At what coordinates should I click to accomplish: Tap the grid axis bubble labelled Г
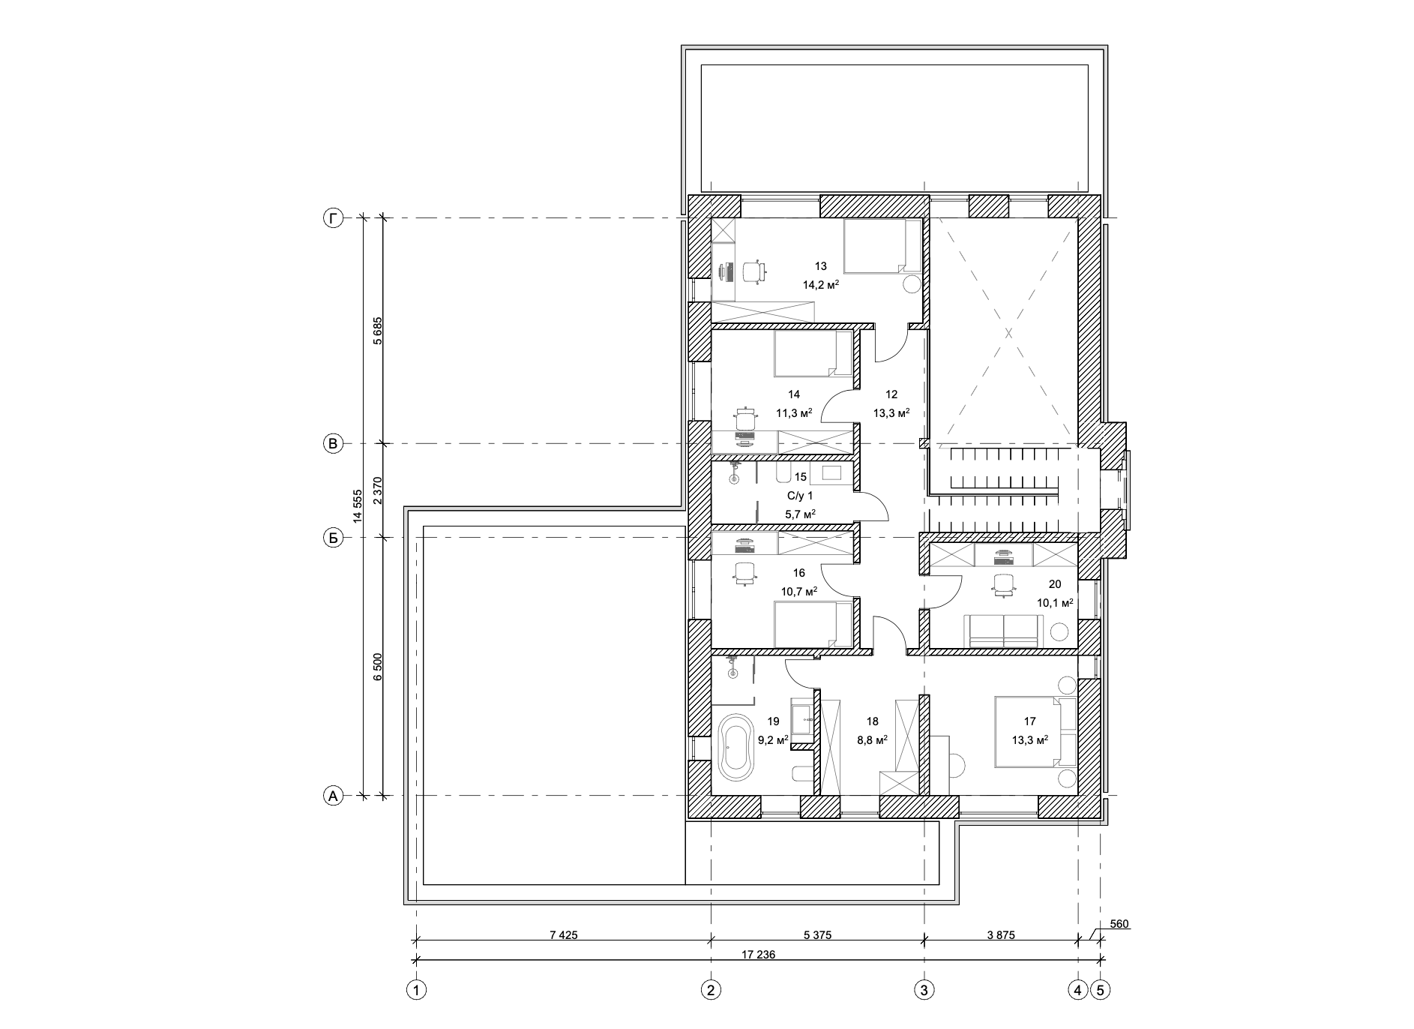[x=333, y=218]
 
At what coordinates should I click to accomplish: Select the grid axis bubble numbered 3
[x=924, y=990]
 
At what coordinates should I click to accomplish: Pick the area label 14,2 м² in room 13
[x=821, y=284]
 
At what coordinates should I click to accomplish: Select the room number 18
[x=872, y=721]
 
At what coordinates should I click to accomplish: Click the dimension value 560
[x=1119, y=924]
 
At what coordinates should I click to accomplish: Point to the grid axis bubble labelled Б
[x=333, y=538]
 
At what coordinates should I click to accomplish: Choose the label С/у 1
[x=799, y=495]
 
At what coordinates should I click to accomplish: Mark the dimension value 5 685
[x=378, y=331]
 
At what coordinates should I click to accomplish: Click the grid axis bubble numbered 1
[x=415, y=990]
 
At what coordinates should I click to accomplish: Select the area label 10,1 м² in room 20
[x=1055, y=602]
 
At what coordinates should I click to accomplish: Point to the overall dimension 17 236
[x=759, y=955]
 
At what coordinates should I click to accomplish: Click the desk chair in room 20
[x=1002, y=585]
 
